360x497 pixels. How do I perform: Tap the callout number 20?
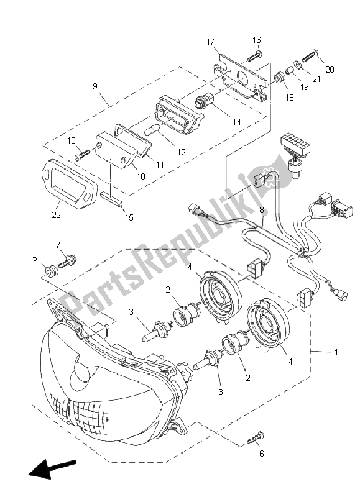330,70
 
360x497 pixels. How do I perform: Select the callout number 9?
95,87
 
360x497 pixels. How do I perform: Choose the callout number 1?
336,352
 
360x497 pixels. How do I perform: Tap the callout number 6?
261,454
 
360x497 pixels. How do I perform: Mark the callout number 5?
35,257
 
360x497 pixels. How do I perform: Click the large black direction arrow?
52,470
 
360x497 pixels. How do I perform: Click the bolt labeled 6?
256,440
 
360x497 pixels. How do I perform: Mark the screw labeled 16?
255,57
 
